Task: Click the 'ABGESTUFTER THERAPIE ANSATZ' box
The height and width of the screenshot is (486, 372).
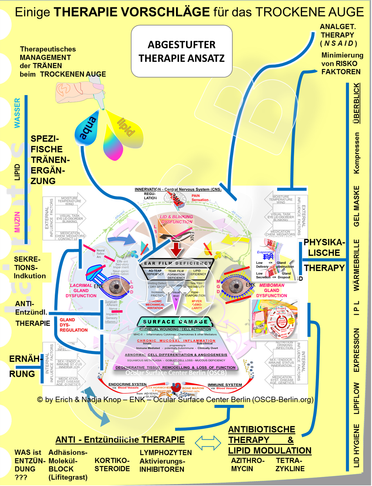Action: tap(182, 51)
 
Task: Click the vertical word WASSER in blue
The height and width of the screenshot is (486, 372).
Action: tap(17, 113)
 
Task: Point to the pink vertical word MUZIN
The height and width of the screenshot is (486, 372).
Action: tap(17, 222)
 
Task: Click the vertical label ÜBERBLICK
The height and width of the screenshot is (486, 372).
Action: tap(356, 103)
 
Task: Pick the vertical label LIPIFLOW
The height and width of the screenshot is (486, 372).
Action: tap(356, 398)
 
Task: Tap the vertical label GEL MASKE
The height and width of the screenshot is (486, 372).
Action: tap(356, 206)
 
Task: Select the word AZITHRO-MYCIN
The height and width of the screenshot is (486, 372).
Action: tap(247, 464)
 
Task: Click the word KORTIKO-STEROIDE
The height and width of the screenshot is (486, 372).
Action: tap(112, 464)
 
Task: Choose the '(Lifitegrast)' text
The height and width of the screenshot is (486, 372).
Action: tap(68, 477)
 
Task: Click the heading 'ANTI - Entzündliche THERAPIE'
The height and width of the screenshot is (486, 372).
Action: tap(120, 440)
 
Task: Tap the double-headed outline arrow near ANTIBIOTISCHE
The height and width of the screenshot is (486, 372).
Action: tap(208, 442)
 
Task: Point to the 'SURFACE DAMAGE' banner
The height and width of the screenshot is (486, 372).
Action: tap(175, 322)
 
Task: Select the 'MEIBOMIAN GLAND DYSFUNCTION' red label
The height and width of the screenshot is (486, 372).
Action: tap(272, 290)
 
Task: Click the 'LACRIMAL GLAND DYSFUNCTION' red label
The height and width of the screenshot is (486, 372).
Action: tap(81, 290)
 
